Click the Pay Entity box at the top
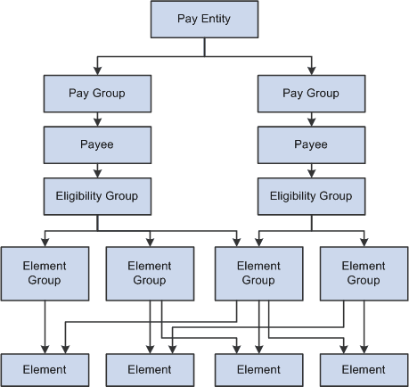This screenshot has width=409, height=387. (x=204, y=19)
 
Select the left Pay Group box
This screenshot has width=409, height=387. (x=96, y=93)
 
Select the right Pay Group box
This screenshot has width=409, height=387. (x=311, y=93)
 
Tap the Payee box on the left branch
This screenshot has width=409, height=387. (x=96, y=144)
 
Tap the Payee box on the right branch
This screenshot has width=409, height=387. (x=311, y=144)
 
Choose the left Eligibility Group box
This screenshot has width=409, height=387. (x=96, y=195)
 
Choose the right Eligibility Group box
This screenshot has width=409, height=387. (x=311, y=195)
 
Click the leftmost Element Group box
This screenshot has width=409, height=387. (x=45, y=273)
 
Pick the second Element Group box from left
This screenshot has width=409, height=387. (x=150, y=273)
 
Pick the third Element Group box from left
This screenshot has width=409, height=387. (x=258, y=273)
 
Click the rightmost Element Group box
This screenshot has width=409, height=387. (x=364, y=273)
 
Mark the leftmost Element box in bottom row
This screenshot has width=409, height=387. (x=45, y=369)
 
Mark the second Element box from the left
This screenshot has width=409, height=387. (x=150, y=369)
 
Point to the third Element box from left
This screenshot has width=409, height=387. (x=258, y=369)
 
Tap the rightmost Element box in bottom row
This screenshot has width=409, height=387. (x=364, y=369)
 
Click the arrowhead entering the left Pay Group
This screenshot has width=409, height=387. (x=96, y=70)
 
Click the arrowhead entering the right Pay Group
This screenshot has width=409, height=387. (x=311, y=70)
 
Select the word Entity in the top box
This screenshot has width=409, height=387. (x=218, y=19)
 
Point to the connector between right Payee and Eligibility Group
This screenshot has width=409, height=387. (x=311, y=169)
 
